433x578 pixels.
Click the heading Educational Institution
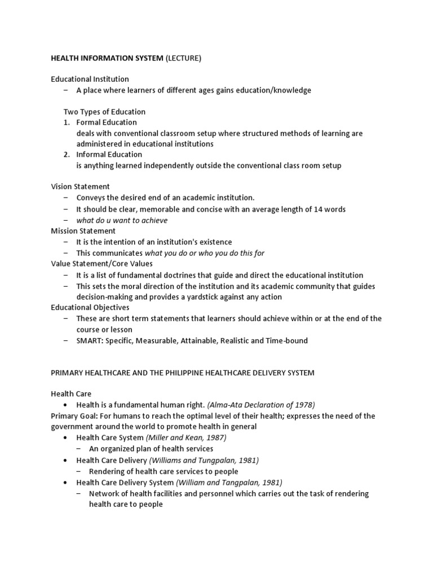coord(90,79)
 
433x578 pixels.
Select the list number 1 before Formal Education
coord(66,122)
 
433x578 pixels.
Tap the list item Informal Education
coord(109,155)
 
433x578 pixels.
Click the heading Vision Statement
coord(80,187)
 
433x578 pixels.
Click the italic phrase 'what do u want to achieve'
coord(122,220)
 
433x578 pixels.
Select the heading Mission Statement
coord(83,231)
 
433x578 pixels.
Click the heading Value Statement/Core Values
coord(101,264)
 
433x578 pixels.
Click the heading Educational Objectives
coord(90,308)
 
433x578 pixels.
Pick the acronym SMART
coord(89,340)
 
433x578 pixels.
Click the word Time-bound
coord(287,340)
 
